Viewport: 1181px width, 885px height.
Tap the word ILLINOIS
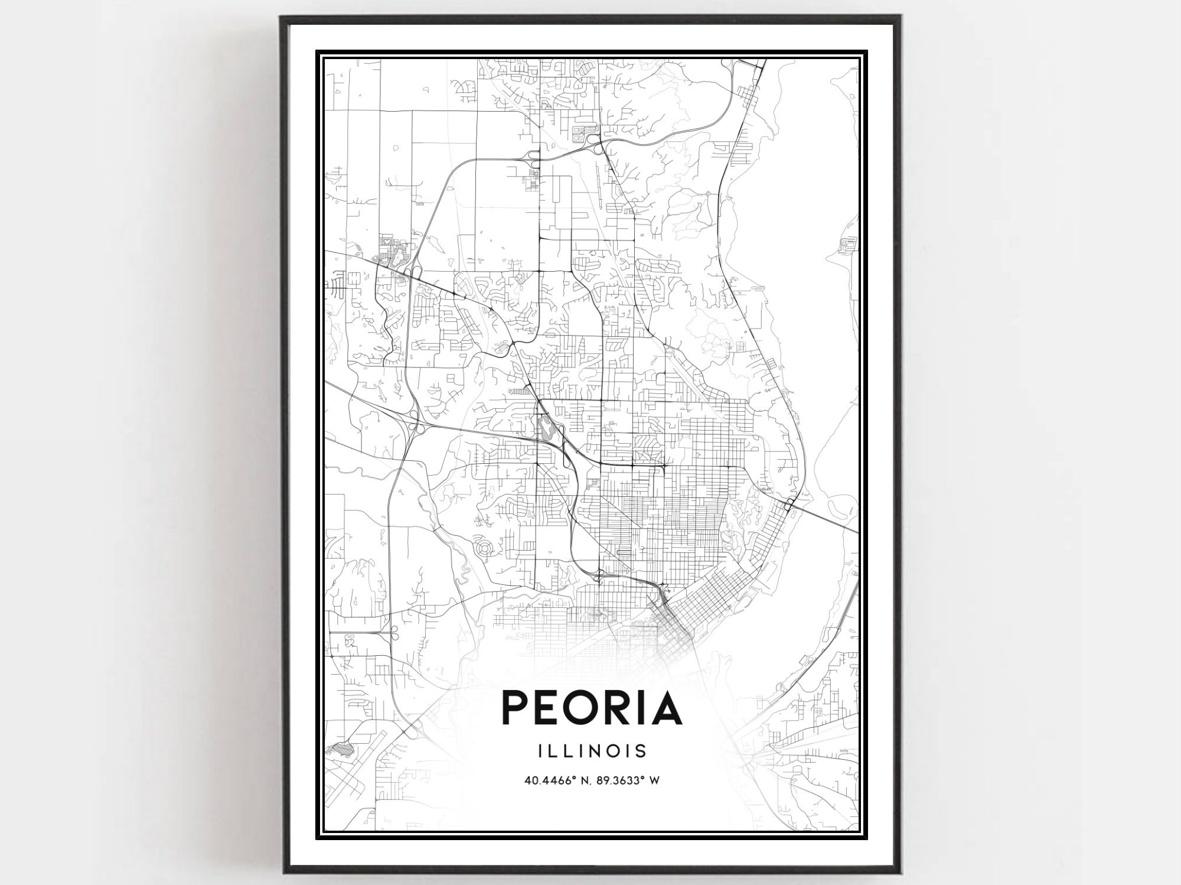[x=592, y=751]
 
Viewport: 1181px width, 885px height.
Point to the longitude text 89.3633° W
[x=629, y=780]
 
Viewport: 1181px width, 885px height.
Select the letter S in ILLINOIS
[x=641, y=751]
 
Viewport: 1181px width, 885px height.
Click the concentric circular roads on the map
[x=483, y=548]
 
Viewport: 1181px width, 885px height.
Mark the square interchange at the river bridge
[x=789, y=503]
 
